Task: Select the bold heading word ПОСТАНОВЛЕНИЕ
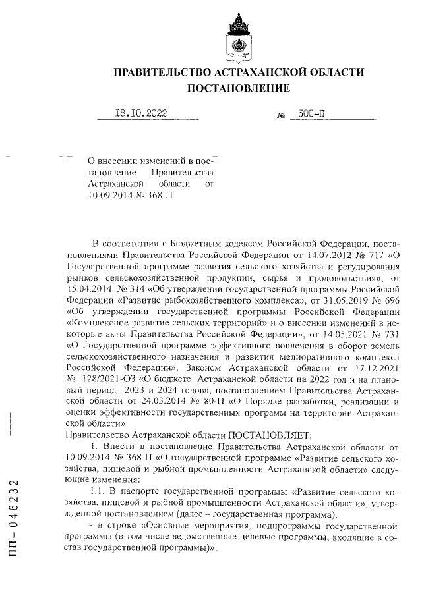tap(239, 88)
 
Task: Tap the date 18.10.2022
tap(141, 113)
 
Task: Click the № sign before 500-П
tap(280, 115)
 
